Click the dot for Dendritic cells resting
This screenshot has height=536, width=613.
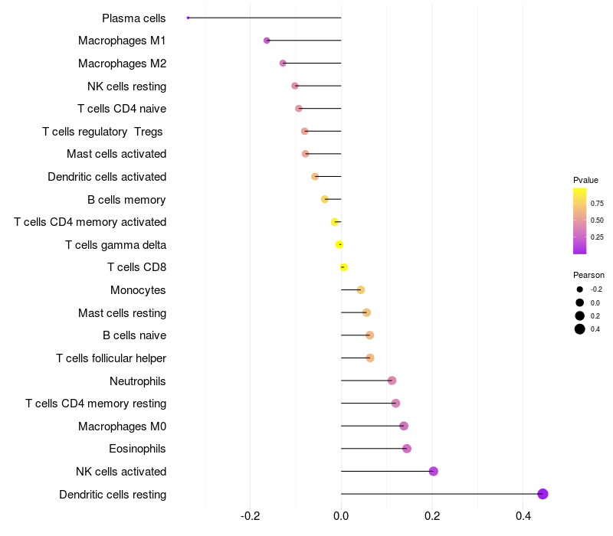543,494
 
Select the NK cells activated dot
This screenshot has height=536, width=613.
433,471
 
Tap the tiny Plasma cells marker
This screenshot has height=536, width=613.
188,18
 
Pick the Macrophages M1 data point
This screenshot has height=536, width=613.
267,41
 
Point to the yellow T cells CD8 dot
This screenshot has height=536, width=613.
344,267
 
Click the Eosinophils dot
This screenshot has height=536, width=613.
407,449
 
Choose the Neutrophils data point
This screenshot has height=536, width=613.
392,381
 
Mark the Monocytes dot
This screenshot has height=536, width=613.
361,289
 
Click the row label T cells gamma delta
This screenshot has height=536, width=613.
116,245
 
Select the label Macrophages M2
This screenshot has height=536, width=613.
122,64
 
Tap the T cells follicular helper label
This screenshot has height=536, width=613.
111,358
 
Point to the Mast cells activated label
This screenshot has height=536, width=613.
116,154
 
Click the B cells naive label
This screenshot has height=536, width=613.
134,335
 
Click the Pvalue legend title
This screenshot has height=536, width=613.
585,180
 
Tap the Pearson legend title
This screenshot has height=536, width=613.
588,275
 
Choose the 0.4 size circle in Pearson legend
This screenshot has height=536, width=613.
580,329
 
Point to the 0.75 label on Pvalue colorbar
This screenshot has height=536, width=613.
597,204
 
